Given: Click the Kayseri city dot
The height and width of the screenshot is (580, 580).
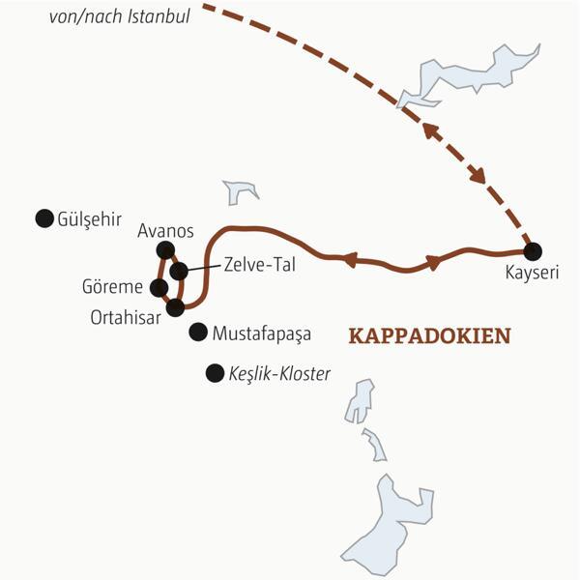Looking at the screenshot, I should [532, 248].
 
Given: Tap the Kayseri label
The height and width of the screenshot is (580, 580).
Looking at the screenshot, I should [532, 273].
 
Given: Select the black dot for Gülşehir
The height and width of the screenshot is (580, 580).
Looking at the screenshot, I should [43, 218].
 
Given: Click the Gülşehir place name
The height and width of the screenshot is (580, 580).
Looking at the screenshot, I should [89, 219].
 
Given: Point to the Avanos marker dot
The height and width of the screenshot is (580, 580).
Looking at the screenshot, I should [164, 249].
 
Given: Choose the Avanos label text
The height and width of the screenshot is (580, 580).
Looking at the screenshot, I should [166, 231].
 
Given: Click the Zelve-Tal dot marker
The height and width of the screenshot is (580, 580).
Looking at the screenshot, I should [179, 271].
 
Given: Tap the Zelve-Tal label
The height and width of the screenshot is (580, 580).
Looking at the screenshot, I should [256, 262].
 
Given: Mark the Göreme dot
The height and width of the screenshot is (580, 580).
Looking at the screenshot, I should [159, 287].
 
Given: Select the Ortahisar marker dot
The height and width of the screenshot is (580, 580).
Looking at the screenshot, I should [175, 307].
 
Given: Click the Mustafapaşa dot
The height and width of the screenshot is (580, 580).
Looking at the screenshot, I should [198, 332].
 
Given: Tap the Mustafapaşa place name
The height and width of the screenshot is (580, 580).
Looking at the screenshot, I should [264, 333].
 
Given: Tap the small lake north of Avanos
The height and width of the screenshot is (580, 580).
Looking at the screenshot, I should [241, 191].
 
